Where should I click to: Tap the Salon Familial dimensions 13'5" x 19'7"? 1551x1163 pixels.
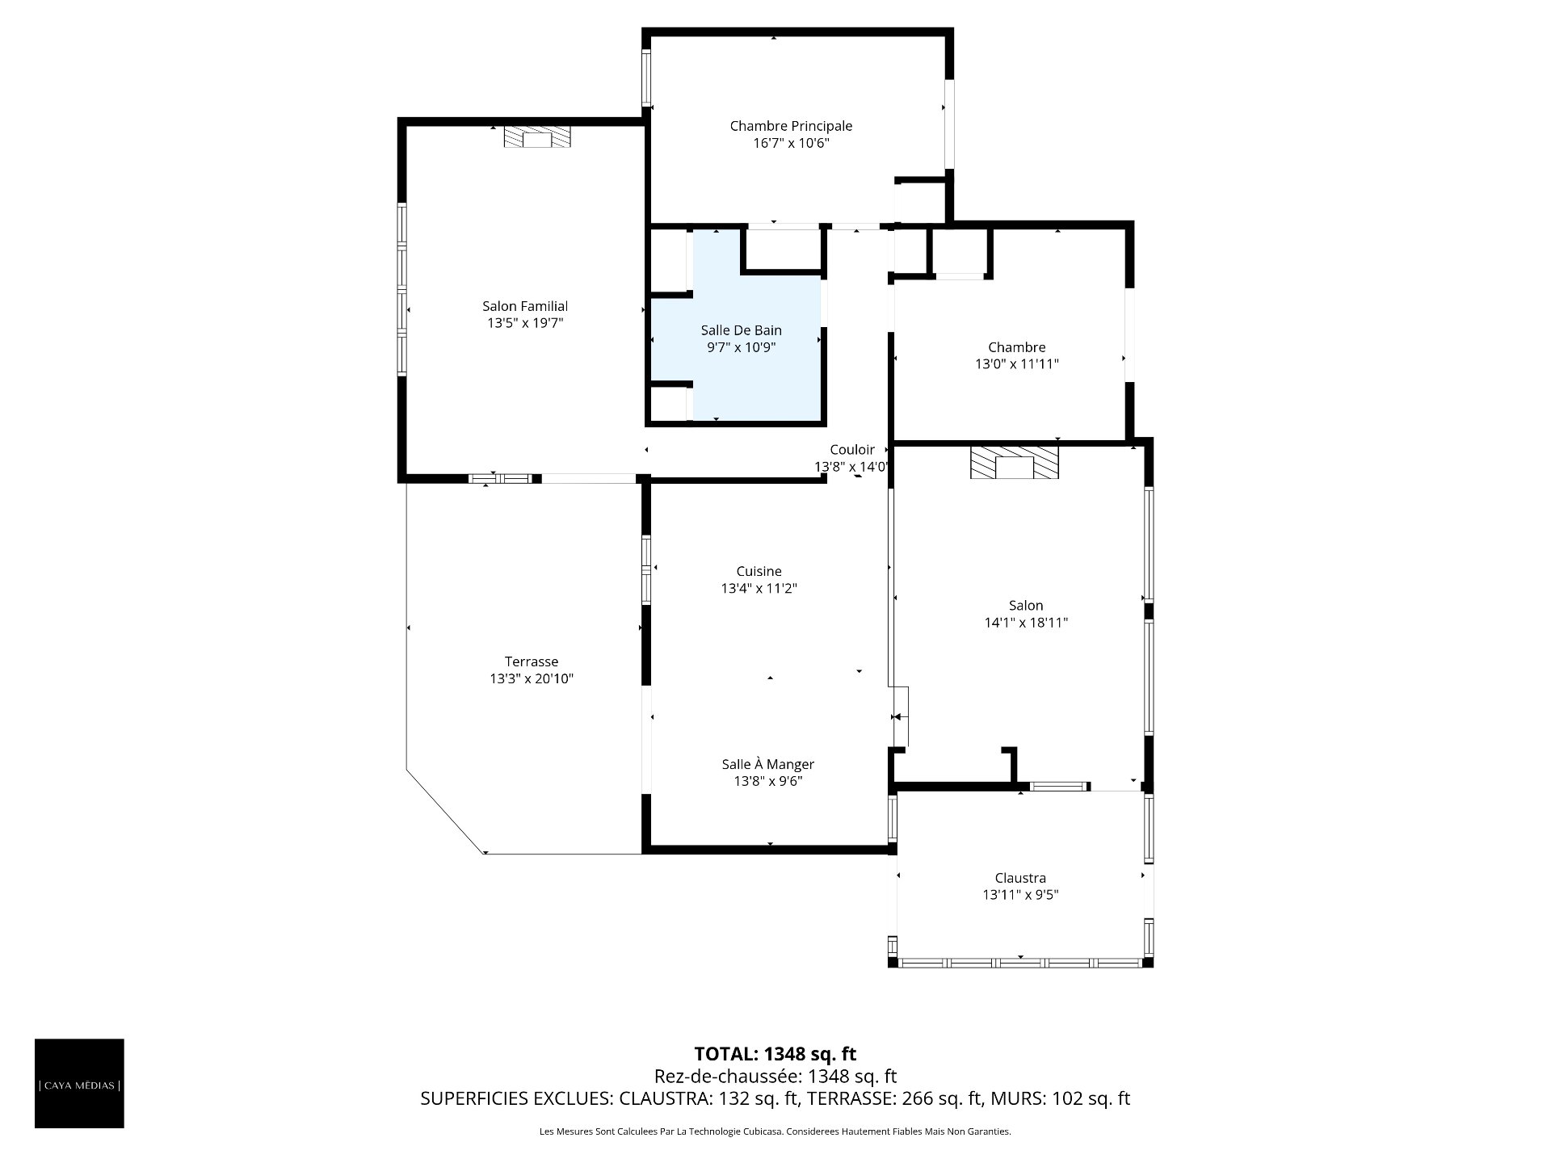click(525, 323)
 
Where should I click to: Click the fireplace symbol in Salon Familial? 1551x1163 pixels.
click(537, 136)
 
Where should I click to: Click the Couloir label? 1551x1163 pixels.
click(852, 450)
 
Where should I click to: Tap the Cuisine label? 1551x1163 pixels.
click(759, 572)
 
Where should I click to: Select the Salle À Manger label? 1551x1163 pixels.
click(768, 764)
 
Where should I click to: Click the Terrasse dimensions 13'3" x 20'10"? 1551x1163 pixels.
click(532, 679)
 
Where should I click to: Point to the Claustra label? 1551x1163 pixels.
click(1020, 878)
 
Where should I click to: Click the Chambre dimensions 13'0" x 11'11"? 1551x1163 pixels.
click(1017, 364)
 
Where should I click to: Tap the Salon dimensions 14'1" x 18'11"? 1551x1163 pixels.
click(1026, 623)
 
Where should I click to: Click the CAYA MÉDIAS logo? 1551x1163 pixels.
click(79, 1084)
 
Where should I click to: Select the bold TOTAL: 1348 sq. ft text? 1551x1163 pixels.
click(775, 1054)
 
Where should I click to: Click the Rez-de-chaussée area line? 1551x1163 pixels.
click(775, 1077)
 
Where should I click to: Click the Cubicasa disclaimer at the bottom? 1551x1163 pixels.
click(775, 1132)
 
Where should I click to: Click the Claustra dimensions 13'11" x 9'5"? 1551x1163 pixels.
click(1020, 895)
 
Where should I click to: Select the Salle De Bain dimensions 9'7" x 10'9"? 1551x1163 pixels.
click(742, 347)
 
